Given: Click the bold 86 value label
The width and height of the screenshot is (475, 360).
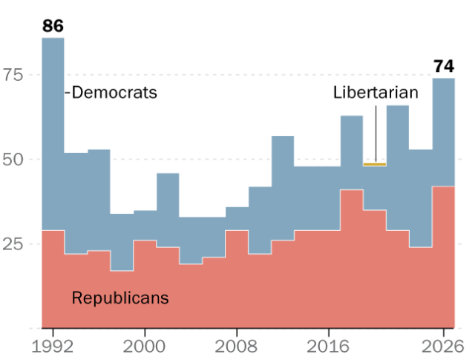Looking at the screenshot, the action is (53, 26).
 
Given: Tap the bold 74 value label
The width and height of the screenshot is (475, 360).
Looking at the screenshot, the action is (444, 66).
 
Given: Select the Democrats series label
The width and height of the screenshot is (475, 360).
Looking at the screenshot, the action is (114, 92).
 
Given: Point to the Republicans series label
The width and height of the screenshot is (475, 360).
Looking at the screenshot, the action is (120, 298).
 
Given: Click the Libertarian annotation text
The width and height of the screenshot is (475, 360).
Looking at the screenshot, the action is (376, 92).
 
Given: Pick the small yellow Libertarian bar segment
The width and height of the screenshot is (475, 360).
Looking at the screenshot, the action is (375, 165).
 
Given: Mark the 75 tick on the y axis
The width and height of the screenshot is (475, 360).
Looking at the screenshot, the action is (13, 74).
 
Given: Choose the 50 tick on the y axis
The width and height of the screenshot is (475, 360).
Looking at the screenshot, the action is (13, 160).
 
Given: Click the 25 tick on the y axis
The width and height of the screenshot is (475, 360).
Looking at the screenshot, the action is (13, 244).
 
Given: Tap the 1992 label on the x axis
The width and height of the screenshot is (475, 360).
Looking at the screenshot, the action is (53, 347).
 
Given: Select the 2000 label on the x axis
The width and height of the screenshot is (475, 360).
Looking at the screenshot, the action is (145, 347).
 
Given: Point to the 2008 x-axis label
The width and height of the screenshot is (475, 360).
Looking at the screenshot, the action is (236, 347).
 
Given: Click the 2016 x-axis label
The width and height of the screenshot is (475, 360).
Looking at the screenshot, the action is (328, 347).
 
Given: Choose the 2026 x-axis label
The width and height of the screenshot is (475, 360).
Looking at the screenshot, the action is (442, 347).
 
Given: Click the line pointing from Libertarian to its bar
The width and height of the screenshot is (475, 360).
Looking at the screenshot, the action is (376, 134).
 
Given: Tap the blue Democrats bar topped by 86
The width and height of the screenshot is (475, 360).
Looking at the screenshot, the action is (53, 134).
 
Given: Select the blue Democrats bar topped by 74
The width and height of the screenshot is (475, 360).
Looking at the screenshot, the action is (444, 132).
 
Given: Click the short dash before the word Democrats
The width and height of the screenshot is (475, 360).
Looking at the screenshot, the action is (68, 92).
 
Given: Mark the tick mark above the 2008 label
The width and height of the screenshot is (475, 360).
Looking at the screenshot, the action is (237, 333).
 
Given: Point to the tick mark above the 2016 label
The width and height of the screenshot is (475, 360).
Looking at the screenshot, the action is (329, 333).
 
